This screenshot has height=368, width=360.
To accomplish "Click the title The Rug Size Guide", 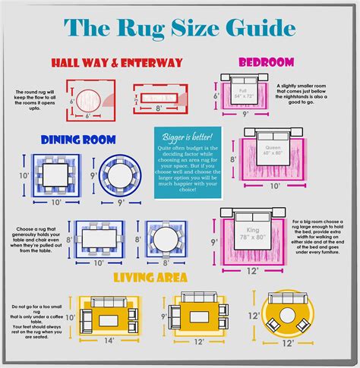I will [179, 28].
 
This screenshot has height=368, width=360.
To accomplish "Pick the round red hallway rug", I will [90, 99].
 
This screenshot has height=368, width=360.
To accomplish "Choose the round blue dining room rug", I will [120, 176].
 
